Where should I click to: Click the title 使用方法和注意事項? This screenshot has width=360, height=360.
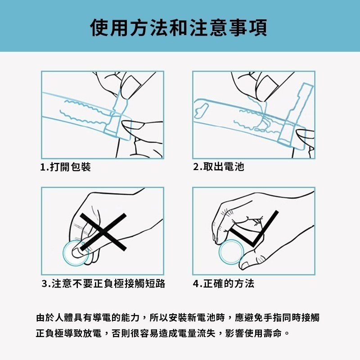pos(179,27)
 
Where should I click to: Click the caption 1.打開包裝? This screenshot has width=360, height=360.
pos(66,167)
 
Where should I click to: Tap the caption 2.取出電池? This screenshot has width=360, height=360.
pos(218,167)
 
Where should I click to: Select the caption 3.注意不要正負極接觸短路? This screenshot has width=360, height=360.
pos(103,283)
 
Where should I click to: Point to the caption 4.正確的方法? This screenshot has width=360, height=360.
pos(224,283)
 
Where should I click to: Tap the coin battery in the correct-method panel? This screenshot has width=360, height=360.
pos(231,251)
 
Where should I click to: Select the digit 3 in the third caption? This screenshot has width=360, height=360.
pos(45,283)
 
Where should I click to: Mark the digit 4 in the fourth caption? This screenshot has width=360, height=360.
pos(196,283)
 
